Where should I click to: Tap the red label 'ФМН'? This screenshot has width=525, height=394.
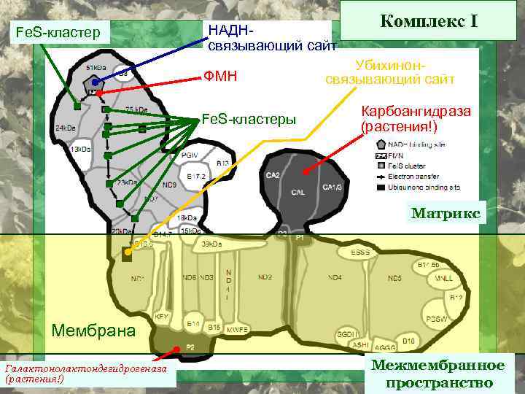(221, 75)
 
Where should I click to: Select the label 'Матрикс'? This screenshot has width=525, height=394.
(445, 213)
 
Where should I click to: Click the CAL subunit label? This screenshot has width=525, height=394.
(297, 193)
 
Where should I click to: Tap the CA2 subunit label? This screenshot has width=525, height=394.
(273, 176)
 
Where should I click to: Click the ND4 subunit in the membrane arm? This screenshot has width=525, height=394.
(335, 278)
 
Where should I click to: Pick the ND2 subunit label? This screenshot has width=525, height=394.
(265, 277)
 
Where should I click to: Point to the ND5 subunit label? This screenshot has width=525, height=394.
(394, 278)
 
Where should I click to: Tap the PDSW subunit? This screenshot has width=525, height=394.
(437, 319)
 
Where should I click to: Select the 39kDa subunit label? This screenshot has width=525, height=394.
(212, 244)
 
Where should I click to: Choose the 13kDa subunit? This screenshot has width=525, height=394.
(80, 149)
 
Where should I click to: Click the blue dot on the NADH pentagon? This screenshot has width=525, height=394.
(95, 82)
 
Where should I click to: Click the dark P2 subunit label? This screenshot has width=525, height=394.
(190, 347)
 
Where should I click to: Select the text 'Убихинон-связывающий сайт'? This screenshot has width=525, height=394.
(390, 72)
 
